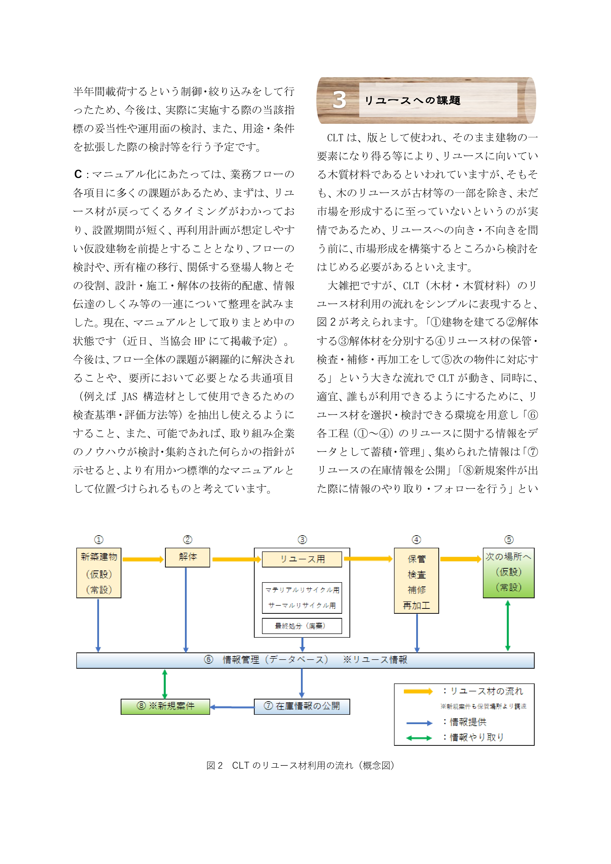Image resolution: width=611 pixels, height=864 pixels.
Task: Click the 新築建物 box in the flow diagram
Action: click(99, 573)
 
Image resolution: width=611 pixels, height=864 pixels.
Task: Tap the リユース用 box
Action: click(302, 559)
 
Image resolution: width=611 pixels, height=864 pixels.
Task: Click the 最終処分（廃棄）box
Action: click(302, 626)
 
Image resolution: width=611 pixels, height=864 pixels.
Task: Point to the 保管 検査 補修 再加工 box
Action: click(416, 581)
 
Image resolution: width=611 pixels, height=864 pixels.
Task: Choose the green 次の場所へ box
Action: click(508, 573)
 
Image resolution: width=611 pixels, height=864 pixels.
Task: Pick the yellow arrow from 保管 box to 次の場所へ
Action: click(461, 559)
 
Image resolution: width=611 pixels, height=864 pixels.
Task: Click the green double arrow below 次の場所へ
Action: click(508, 625)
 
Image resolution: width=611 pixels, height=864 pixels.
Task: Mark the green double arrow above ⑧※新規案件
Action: click(165, 684)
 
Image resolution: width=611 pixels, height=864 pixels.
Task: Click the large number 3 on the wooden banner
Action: click(339, 100)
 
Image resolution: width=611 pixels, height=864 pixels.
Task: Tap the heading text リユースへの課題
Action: click(412, 100)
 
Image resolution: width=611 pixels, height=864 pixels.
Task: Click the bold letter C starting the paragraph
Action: click(78, 174)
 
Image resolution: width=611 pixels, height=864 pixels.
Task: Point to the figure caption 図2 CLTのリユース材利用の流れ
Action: click(300, 765)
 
